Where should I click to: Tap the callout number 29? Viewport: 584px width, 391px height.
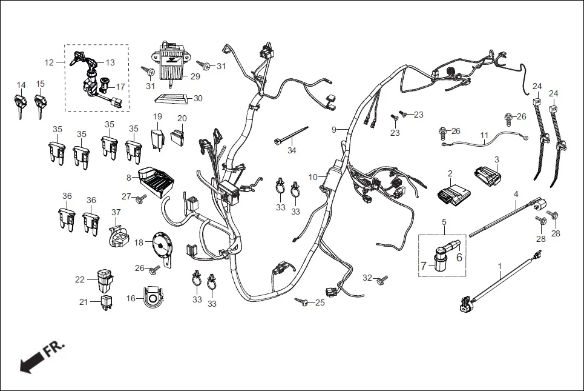195,76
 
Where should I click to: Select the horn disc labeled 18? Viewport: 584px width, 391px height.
160,246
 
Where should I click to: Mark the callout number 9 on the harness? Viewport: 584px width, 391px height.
333,129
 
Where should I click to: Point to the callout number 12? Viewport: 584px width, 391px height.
50,62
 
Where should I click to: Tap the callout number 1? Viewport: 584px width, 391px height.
500,266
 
